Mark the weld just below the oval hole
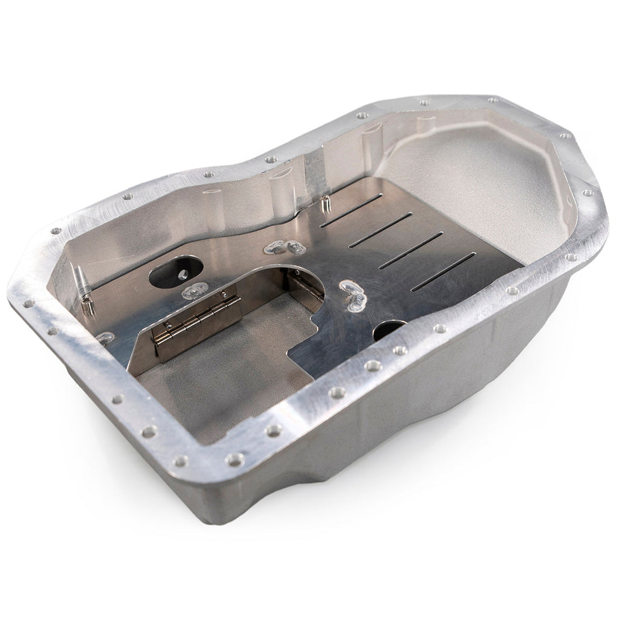[x=193, y=291]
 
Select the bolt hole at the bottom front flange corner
[x=181, y=462]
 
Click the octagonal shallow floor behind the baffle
[x=484, y=181]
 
